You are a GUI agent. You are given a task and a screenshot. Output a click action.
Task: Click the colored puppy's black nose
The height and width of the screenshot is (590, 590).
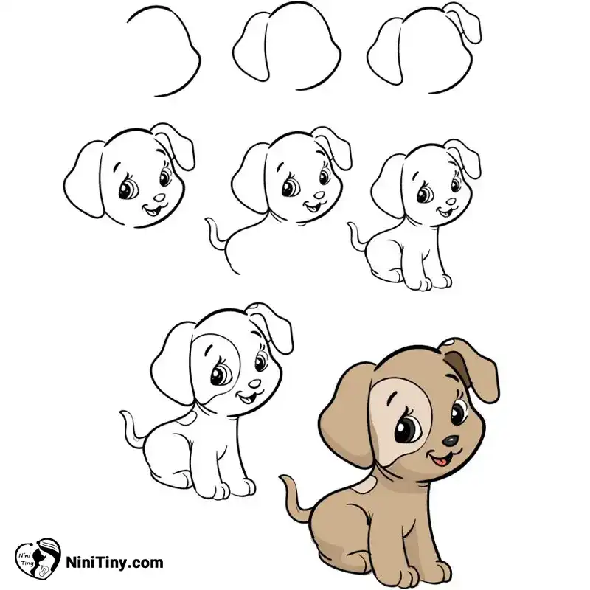(450, 440)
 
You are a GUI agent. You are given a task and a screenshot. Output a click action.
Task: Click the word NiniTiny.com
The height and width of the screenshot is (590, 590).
(115, 563)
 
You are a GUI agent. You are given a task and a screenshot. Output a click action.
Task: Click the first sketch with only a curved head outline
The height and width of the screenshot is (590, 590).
(164, 51)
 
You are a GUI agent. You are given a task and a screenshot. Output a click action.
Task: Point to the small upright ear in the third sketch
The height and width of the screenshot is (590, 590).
(462, 22)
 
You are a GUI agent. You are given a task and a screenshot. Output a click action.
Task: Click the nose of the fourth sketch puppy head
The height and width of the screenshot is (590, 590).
(159, 198)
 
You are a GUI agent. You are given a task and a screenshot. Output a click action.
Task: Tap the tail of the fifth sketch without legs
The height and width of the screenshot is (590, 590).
(216, 234)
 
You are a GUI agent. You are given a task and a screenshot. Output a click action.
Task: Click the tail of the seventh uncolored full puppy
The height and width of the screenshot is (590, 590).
(133, 429)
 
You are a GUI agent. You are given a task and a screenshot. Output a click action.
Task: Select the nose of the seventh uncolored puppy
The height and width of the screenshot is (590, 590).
(254, 383)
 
